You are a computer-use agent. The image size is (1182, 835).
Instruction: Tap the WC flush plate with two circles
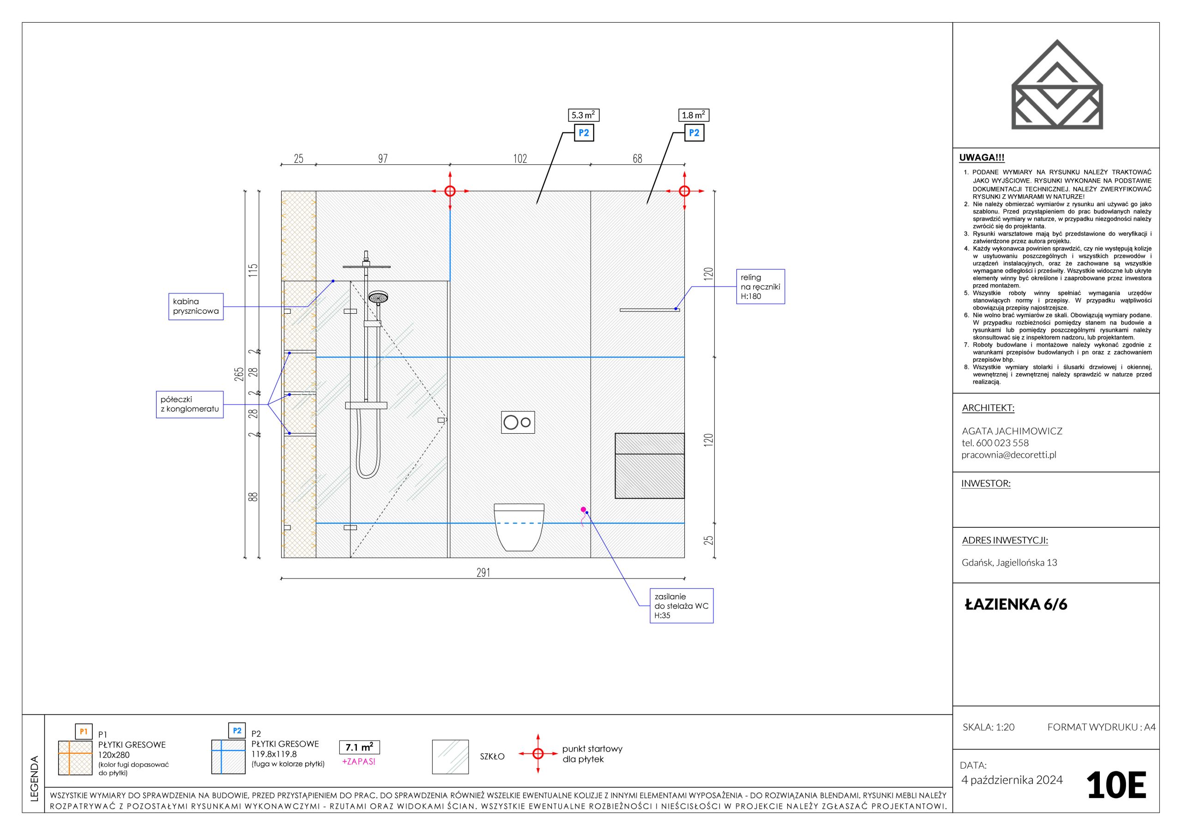coord(518,423)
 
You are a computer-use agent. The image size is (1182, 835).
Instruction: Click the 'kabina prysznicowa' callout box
coord(196,307)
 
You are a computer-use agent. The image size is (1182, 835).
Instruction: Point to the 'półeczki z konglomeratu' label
coord(189,405)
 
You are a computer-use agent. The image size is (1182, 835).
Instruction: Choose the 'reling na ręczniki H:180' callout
coord(760,286)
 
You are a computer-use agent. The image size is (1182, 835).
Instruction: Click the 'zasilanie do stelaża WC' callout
coord(681,606)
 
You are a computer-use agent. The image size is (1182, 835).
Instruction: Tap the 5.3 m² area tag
coord(583,115)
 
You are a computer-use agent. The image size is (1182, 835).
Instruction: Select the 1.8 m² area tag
coord(694,115)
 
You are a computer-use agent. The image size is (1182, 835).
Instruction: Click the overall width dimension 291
coord(483,572)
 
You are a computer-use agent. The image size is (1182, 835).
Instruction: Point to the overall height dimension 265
coord(239,374)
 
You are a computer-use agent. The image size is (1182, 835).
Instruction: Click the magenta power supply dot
coord(583,509)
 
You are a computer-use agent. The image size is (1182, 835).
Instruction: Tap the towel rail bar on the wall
coord(649,310)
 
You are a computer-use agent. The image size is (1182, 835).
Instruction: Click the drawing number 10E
coord(1116,786)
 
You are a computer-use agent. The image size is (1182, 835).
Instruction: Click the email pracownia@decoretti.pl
coord(1008,455)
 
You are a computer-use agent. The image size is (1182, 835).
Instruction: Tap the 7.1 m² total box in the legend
coord(359,747)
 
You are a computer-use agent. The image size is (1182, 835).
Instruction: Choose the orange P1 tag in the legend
coord(84,731)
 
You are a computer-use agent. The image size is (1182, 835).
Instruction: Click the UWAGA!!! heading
coord(982,158)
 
